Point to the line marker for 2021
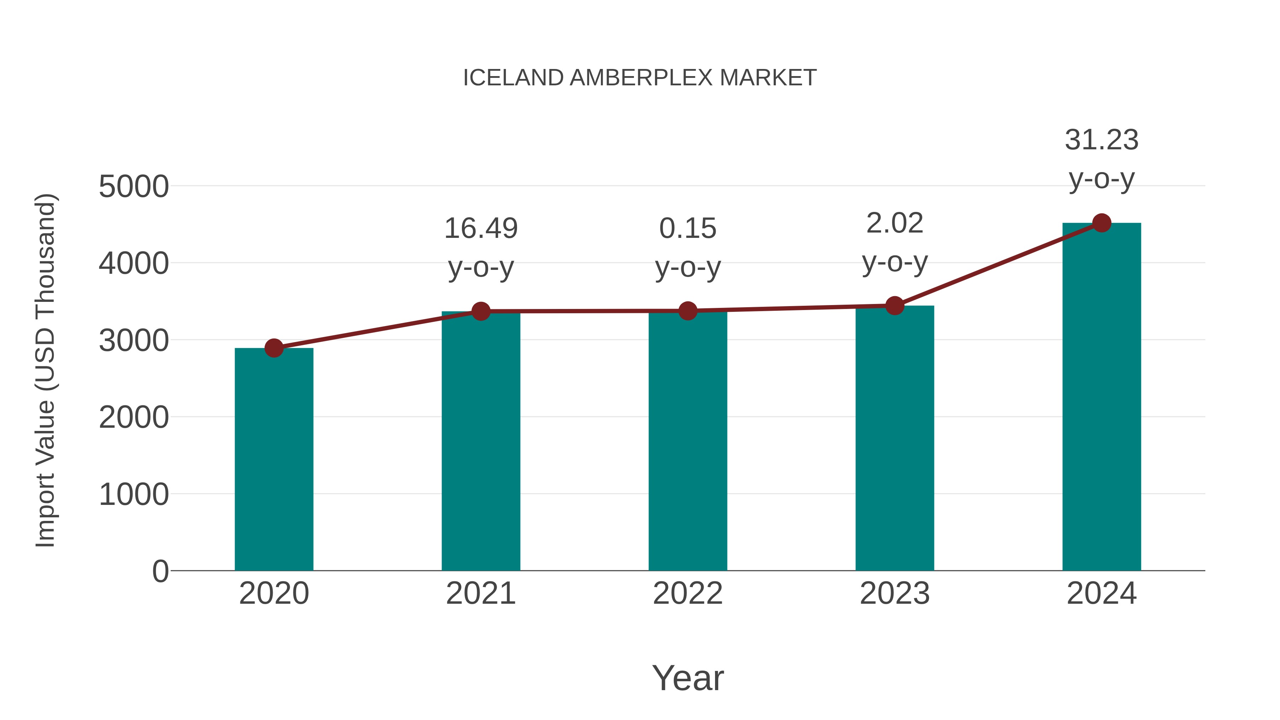point(480,311)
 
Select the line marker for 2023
point(895,305)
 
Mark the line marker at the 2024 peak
point(1102,223)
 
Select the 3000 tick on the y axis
point(134,341)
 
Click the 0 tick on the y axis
point(160,571)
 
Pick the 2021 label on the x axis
point(480,593)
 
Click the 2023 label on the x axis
point(895,593)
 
